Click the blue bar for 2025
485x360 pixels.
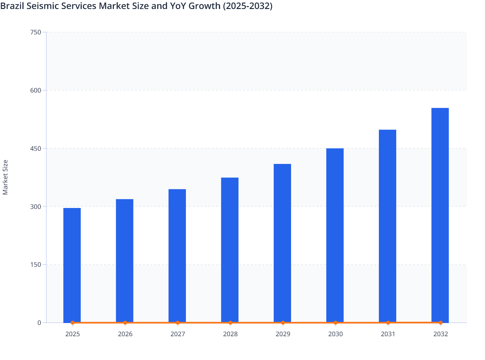72,265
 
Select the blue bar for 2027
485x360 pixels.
177,256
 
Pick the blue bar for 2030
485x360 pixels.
335,235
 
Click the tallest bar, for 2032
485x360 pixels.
440,215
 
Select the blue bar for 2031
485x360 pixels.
388,226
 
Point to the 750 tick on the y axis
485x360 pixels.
35,32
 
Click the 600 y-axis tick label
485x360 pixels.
35,90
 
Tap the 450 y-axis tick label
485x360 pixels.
35,148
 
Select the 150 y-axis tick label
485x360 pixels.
35,265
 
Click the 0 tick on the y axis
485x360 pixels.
39,323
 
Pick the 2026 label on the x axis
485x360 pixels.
125,334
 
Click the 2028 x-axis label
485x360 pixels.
230,334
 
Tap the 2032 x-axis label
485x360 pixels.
441,334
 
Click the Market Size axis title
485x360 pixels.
5,177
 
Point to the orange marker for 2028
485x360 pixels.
230,323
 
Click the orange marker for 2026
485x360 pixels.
125,323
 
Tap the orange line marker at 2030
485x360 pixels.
335,323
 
